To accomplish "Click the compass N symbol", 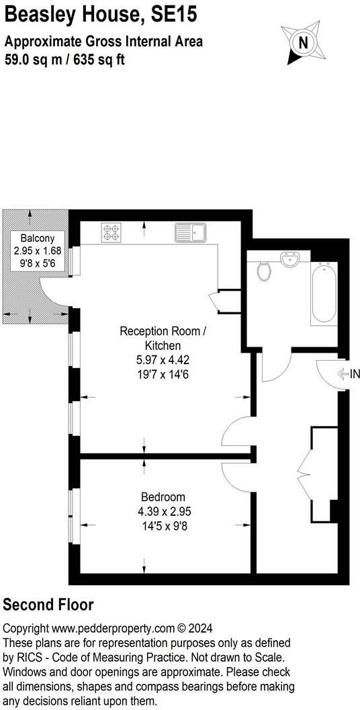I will (303, 42).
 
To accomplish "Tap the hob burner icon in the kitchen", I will (111, 232).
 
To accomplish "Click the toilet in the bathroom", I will (265, 271).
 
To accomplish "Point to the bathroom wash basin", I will (290, 259).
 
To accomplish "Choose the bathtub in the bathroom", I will (324, 295).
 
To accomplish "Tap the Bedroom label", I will (163, 497).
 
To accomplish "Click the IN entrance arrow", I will (347, 374).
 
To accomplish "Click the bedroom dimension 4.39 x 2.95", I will (163, 512).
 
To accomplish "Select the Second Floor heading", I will (48, 605).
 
